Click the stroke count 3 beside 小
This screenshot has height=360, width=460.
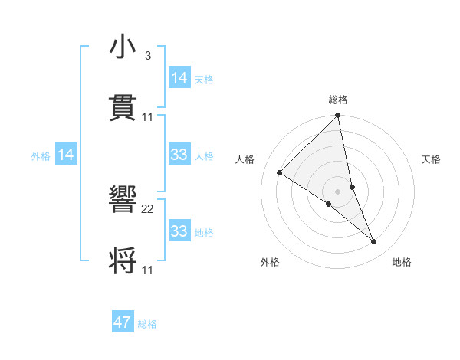click(147, 56)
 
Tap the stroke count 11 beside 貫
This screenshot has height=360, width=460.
click(148, 116)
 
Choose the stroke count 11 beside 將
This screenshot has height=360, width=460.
click(148, 269)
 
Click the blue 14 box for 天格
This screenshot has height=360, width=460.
click(179, 78)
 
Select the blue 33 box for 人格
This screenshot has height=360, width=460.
click(179, 155)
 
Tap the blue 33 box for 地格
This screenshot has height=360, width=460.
click(179, 231)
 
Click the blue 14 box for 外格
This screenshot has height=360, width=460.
click(66, 155)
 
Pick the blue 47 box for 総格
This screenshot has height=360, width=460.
click(123, 322)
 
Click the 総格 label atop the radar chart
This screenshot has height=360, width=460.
click(338, 100)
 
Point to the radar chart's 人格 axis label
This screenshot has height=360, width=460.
click(245, 159)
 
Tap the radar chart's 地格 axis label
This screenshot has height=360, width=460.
click(402, 263)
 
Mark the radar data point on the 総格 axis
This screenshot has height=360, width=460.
click(338, 116)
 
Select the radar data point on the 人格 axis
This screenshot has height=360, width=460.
click(280, 173)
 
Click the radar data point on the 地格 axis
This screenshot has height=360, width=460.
click(374, 242)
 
